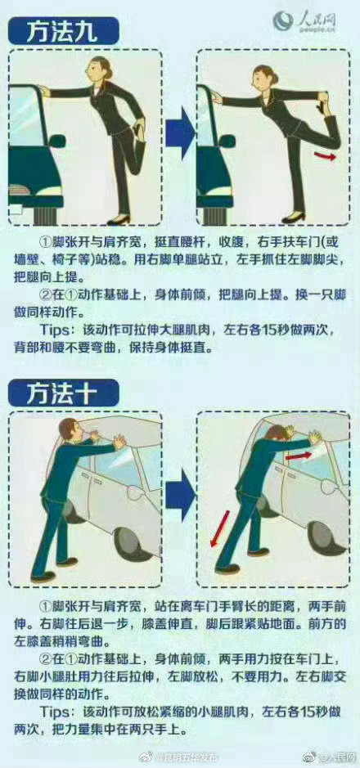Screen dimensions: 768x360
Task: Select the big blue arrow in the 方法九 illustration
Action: click(x=180, y=136)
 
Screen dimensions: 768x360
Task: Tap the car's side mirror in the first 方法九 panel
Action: click(x=56, y=141)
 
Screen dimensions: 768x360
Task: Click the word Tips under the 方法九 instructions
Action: click(x=57, y=331)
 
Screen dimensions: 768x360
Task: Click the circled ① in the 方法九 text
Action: click(x=46, y=243)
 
